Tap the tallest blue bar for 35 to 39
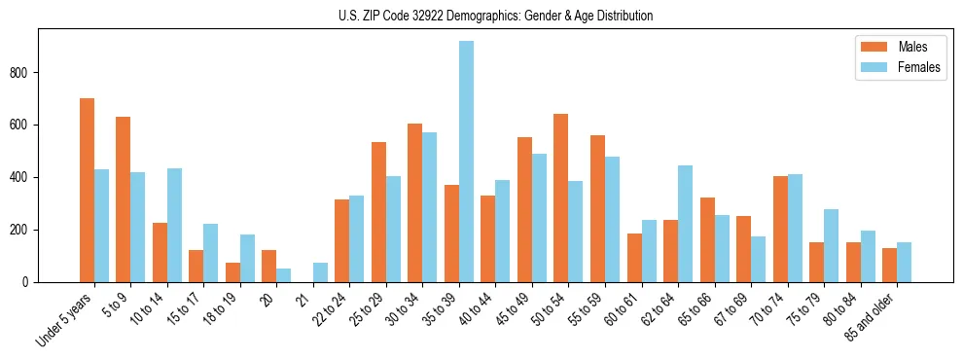coord(467,162)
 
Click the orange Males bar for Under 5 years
coord(87,190)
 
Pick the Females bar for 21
coord(320,272)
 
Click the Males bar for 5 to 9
coord(124,199)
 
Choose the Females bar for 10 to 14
coord(174,225)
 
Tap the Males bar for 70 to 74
coord(780,229)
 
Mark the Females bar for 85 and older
coord(904,263)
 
